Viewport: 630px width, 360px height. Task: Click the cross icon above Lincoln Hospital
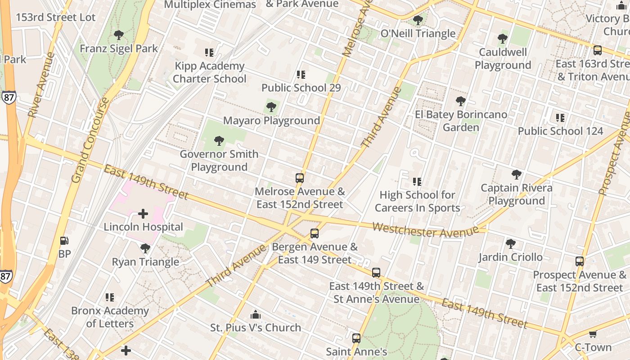point(143,213)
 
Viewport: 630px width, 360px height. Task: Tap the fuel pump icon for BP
point(64,241)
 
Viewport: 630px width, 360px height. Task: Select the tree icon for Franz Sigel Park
point(119,35)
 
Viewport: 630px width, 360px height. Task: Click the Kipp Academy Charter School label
point(209,72)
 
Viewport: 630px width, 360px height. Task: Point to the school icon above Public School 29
point(301,74)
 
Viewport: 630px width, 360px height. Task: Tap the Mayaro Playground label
point(271,121)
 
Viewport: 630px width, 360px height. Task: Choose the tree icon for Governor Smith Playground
point(219,141)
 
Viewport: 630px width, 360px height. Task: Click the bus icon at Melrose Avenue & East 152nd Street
point(300,178)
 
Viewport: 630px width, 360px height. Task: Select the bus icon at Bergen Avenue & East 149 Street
point(315,234)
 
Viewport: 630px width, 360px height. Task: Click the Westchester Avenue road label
point(425,230)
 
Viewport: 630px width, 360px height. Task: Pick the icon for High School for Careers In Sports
point(417,182)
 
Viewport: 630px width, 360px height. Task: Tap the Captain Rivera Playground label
point(516,194)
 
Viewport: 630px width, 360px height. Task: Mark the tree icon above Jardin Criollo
point(510,244)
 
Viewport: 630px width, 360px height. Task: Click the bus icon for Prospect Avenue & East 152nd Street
point(580,261)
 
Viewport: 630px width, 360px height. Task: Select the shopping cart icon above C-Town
point(593,334)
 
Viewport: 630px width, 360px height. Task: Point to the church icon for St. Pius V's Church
point(256,314)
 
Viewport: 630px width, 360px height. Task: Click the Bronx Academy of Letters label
point(110,317)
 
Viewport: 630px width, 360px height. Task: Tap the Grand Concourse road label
point(90,140)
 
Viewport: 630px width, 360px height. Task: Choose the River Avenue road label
point(41,85)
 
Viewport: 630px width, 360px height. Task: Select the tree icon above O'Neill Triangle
point(418,20)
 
